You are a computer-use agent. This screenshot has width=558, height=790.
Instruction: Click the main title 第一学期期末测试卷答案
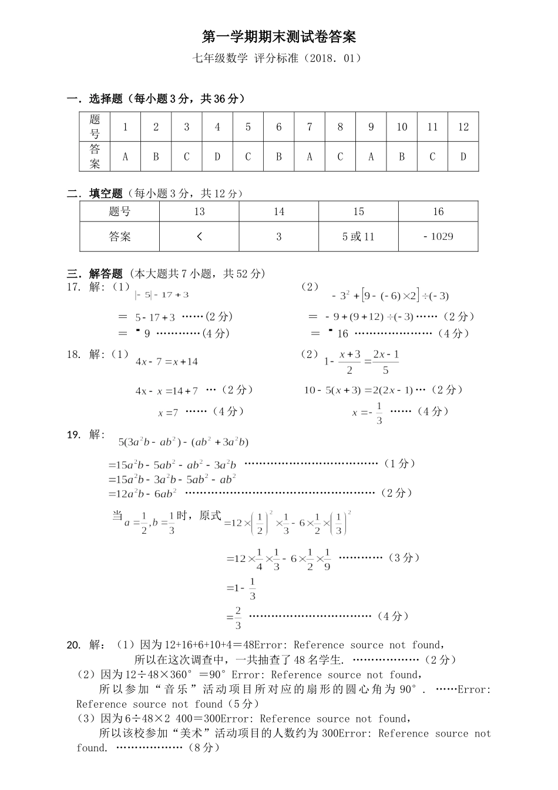279,38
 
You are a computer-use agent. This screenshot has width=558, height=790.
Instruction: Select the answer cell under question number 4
217,157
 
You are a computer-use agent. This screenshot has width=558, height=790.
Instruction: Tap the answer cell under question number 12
463,157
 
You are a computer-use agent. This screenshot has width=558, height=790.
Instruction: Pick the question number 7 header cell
310,127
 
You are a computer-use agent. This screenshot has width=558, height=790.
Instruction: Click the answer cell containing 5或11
358,237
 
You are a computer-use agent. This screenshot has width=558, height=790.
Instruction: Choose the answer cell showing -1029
438,237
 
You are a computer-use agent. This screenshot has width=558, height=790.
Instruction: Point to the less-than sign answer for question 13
199,237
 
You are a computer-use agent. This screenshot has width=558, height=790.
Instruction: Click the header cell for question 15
358,212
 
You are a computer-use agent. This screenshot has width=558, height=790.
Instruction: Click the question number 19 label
73,435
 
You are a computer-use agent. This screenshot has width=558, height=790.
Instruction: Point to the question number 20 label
73,645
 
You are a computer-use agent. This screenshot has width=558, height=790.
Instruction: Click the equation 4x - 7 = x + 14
167,362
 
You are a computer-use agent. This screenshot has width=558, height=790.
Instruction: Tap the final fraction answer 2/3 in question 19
238,617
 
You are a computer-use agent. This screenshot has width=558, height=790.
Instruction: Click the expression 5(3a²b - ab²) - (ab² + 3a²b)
183,442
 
